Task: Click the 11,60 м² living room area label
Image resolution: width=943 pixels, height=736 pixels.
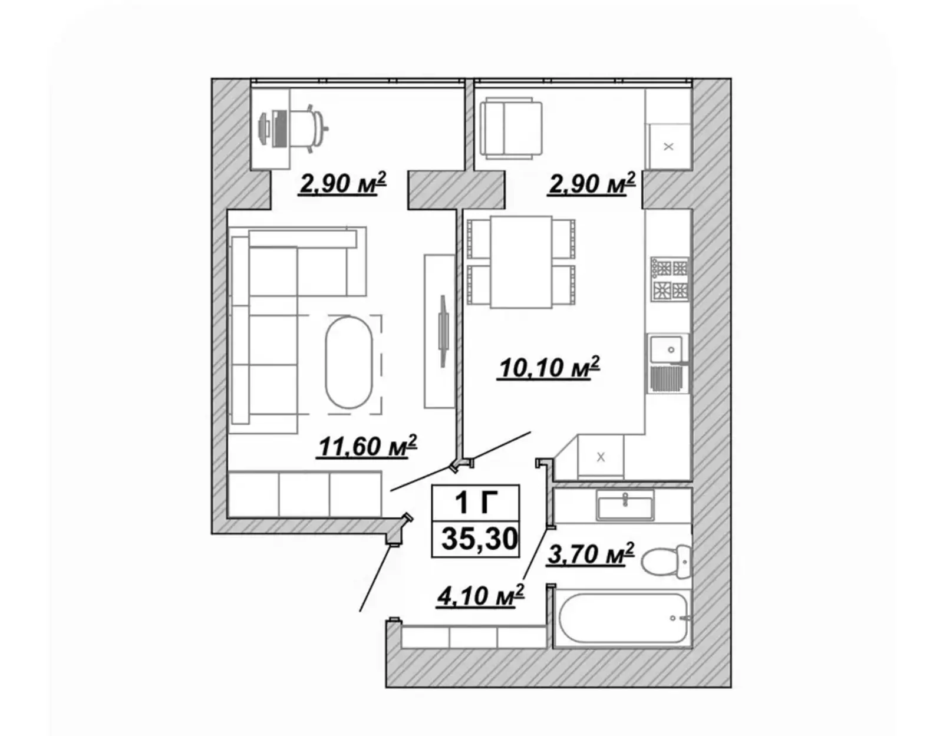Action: point(367,446)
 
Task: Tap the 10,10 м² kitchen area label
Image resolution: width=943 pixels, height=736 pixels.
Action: point(549,368)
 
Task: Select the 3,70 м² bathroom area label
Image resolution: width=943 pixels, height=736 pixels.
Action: point(591,554)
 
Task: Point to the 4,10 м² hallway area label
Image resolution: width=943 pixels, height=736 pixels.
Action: point(480,596)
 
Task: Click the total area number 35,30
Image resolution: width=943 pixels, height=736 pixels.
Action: point(480,539)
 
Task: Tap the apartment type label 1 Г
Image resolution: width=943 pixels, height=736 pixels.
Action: point(476,503)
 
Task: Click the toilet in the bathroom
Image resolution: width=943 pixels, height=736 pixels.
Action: point(665,561)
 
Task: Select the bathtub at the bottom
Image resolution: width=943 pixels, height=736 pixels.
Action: point(622,618)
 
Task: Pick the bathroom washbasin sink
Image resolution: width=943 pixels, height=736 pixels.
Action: point(625,505)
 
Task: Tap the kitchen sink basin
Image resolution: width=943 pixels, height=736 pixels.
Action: point(666,349)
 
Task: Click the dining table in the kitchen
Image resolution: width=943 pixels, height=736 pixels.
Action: point(521,262)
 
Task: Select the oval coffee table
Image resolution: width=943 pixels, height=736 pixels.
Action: point(348,362)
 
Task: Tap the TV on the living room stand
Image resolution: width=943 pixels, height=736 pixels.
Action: point(443,331)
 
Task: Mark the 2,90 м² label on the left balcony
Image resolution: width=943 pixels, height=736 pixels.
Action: point(342,183)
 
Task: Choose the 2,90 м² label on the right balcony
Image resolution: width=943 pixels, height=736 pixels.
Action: point(592,183)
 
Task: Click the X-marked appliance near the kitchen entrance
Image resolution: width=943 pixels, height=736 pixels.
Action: point(601,457)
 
